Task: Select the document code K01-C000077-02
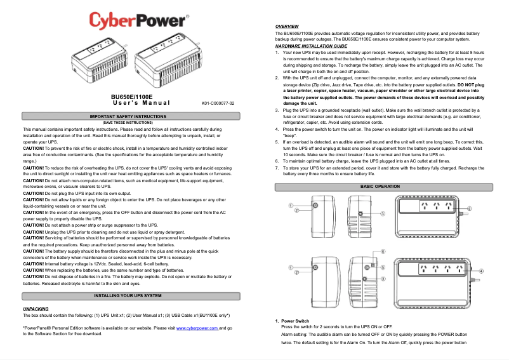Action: click(x=218, y=103)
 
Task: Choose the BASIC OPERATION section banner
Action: click(x=380, y=187)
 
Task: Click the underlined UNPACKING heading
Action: click(x=36, y=309)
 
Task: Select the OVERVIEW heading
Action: click(x=287, y=26)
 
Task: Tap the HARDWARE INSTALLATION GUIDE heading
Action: click(x=311, y=46)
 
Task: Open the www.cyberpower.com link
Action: click(x=197, y=328)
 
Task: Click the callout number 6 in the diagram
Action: click(x=383, y=251)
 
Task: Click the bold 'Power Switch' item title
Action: click(x=295, y=321)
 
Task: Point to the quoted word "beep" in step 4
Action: click(x=290, y=136)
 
